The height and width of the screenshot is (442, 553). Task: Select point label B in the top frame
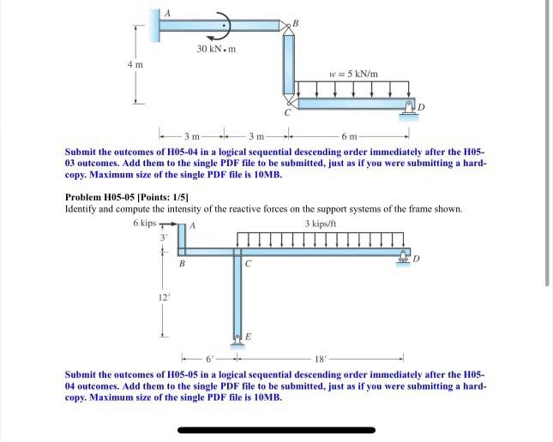[295, 22]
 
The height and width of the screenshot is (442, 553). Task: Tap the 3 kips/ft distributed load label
[320, 224]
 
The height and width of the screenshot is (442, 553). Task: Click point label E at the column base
[249, 337]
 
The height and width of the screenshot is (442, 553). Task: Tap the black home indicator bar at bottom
[276, 429]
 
